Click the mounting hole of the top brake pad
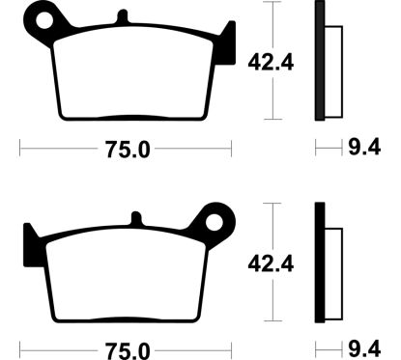pyautogui.click(x=44, y=20)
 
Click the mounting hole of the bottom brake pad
pyautogui.click(x=215, y=222)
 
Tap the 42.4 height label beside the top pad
pyautogui.click(x=271, y=63)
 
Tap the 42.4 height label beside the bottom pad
pyautogui.click(x=271, y=264)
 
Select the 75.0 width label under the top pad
pyautogui.click(x=128, y=150)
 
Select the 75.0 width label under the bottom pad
pyautogui.click(x=128, y=350)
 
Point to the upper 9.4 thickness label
pyautogui.click(x=364, y=148)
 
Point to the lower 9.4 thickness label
pyautogui.click(x=364, y=348)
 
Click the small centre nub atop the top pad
pyautogui.click(x=123, y=16)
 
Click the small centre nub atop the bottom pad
pyautogui.click(x=136, y=218)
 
